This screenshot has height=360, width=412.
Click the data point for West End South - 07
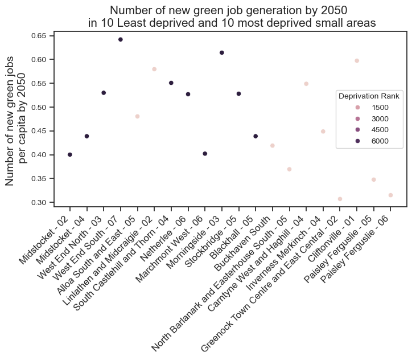point(120,39)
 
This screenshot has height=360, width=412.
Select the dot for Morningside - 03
point(221,52)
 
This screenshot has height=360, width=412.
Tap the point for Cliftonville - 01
point(357,60)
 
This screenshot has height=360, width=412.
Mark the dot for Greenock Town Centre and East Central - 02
point(340,199)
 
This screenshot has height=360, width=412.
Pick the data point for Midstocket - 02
point(69,154)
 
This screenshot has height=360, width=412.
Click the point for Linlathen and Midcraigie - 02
point(154,69)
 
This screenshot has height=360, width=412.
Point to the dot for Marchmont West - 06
point(205,153)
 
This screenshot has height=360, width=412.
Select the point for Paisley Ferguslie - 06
point(390,195)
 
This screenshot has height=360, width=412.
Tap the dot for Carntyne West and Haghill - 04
point(306,84)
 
